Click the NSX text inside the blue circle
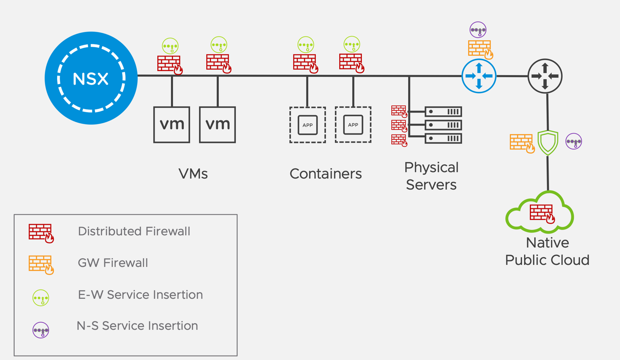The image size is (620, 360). coord(91,79)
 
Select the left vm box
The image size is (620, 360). coord(172,125)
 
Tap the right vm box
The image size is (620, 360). coord(217,125)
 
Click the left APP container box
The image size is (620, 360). coord(308,125)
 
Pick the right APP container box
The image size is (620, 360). coord(353,125)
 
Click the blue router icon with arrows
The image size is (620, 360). coord(479,76)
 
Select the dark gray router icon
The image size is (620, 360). coord(545,76)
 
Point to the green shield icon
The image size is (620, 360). coord(548,143)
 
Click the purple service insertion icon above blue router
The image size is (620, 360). coord(478,29)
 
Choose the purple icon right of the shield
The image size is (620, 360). coord(574,141)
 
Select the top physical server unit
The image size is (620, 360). coord(443,112)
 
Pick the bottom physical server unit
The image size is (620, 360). coord(443,138)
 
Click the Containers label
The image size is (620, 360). coord(325,174)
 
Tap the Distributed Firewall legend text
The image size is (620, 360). coord(134,231)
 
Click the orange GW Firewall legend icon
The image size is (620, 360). coord(41,265)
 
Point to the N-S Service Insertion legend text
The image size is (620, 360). coord(137,326)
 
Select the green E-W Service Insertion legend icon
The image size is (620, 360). coord(41,298)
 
